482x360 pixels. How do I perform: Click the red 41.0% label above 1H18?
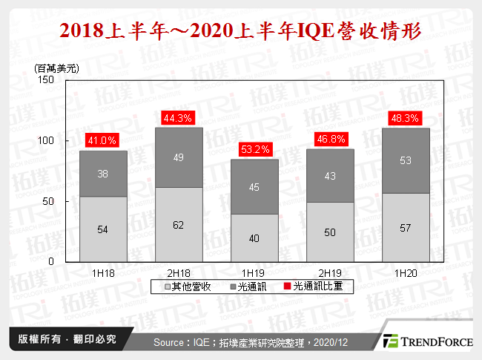(x=103, y=139)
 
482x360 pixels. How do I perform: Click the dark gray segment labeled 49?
(x=178, y=157)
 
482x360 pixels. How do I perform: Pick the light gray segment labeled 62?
(x=178, y=224)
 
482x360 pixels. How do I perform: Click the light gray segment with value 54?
(x=103, y=229)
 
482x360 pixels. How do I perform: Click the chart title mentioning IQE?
(x=240, y=31)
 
